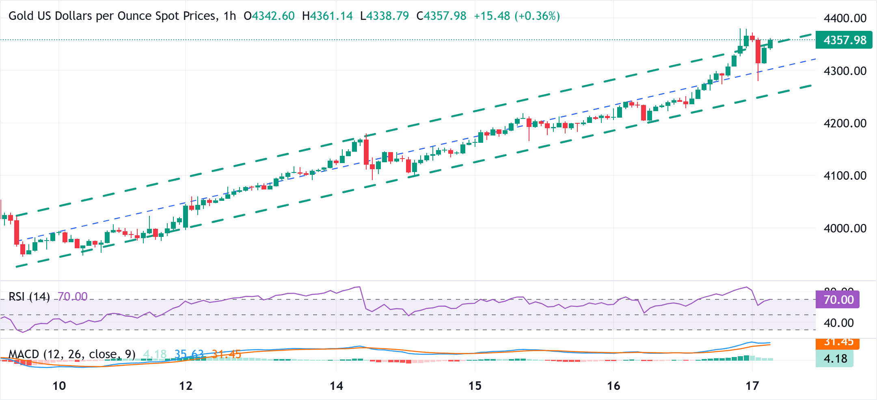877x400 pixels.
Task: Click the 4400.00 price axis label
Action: (845, 18)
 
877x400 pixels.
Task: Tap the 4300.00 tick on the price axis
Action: (845, 71)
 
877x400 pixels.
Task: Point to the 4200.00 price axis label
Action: (845, 123)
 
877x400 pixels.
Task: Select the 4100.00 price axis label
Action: (845, 176)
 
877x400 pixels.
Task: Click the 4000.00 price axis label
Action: (845, 228)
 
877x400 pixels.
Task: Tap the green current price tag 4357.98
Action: (844, 40)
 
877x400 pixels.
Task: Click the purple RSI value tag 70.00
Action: (838, 300)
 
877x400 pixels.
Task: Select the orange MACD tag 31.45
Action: (838, 343)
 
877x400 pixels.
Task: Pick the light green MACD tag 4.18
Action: (835, 359)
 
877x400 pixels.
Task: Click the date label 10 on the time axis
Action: (59, 386)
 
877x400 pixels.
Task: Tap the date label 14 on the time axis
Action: (336, 386)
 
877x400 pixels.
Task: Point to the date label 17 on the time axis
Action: (752, 386)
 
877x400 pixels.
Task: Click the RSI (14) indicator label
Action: (29, 297)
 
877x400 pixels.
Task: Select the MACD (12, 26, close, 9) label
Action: (72, 355)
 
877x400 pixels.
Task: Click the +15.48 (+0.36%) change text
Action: (517, 16)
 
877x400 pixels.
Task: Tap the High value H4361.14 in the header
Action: (327, 16)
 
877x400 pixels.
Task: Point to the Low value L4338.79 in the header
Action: (384, 16)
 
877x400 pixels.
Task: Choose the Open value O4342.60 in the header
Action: (269, 16)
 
